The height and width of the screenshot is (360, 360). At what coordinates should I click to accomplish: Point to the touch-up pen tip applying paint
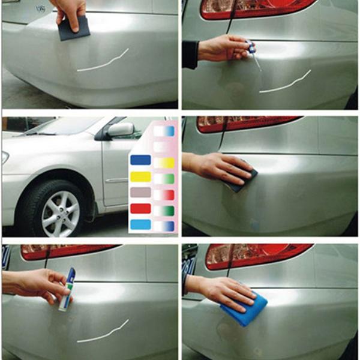click(x=259, y=65)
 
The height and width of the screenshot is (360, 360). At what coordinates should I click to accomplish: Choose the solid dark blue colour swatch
click(x=140, y=160)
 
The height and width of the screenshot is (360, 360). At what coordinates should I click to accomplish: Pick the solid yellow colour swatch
click(x=140, y=176)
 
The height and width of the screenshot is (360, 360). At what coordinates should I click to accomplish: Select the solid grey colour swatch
click(x=140, y=193)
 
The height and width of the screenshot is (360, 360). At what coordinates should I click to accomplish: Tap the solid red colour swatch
click(x=140, y=209)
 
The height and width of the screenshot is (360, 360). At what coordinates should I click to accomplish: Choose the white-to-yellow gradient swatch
click(x=164, y=162)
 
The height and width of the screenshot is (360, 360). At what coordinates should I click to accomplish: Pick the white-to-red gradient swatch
click(x=164, y=194)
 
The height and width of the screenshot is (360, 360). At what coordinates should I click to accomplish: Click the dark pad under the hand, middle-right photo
click(x=243, y=181)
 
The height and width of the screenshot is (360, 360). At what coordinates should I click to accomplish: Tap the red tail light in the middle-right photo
click(x=246, y=123)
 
